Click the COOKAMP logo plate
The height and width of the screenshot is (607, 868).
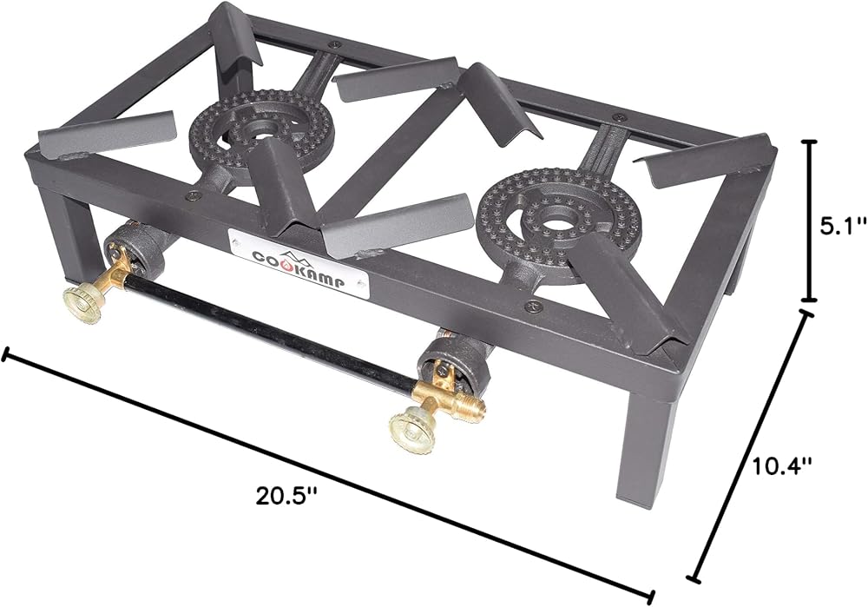[297, 264]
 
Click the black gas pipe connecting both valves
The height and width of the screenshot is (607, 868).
[268, 333]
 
